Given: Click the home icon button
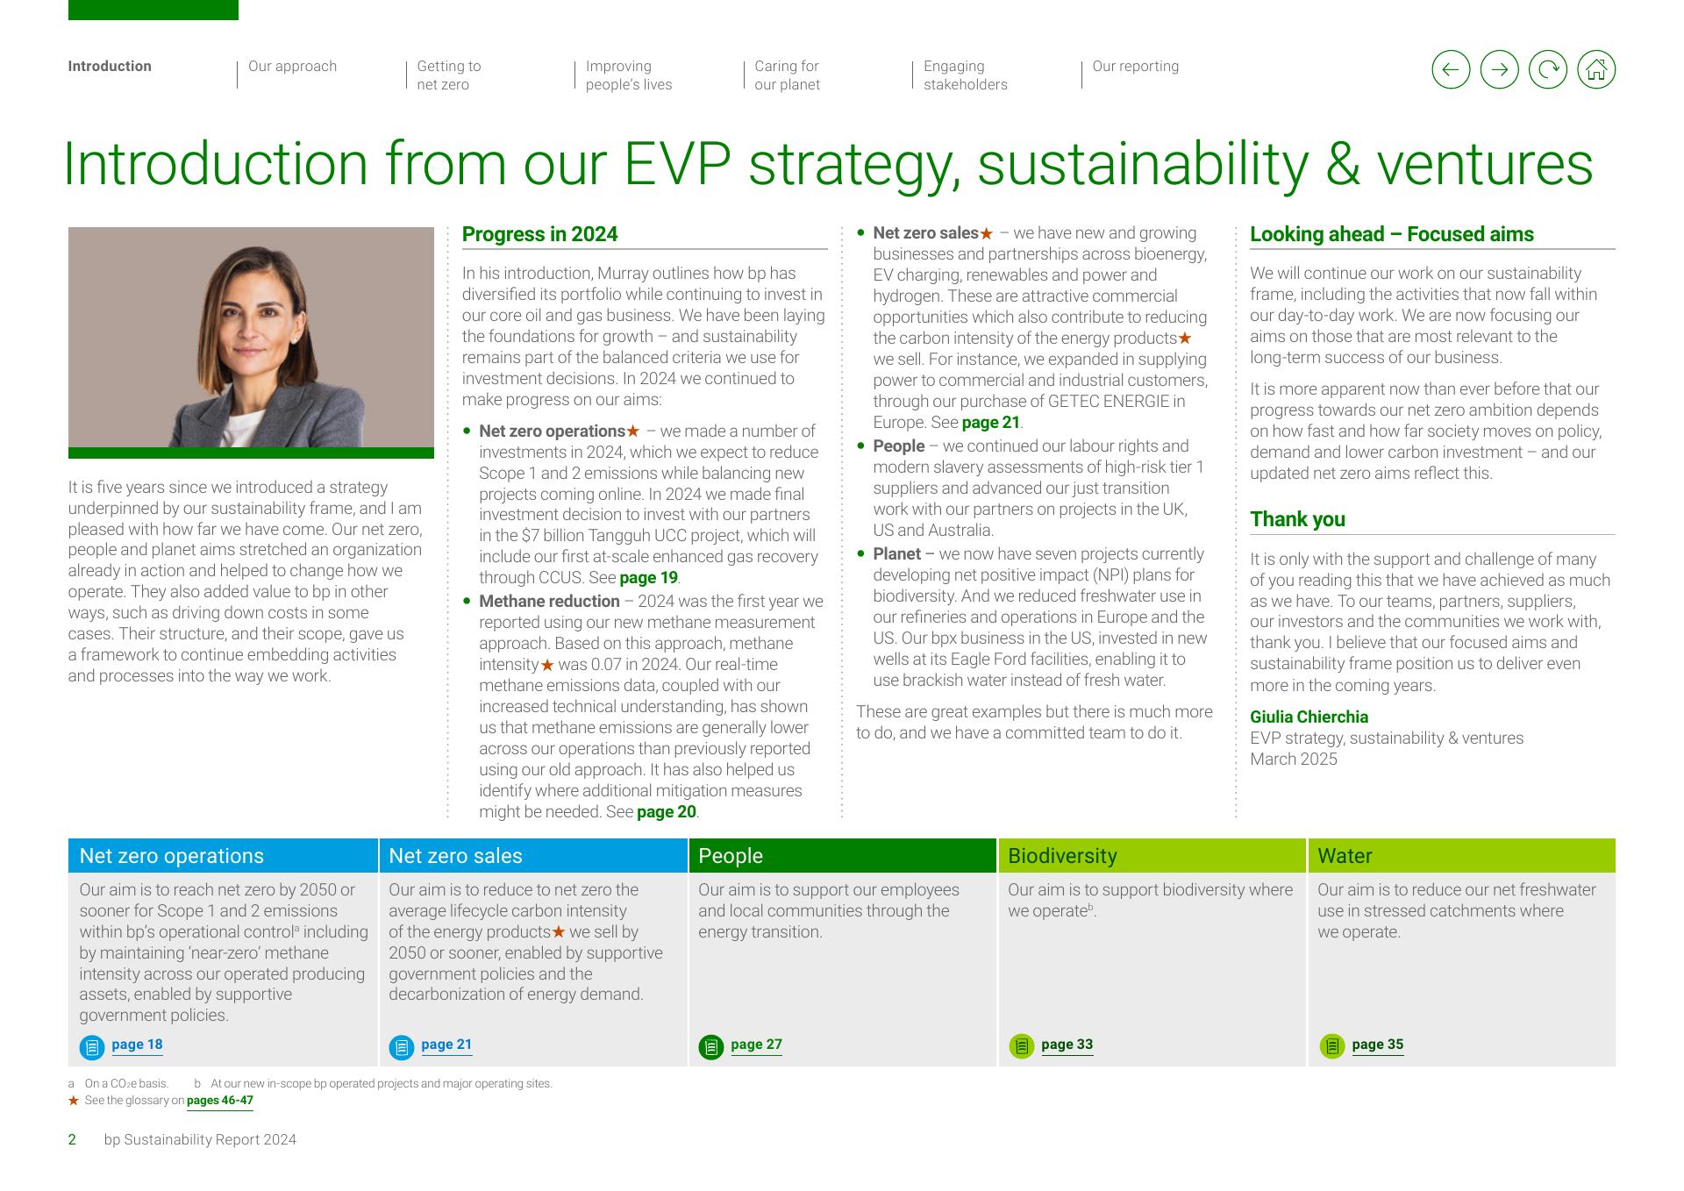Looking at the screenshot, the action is [1596, 69].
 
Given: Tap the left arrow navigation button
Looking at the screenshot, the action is [1451, 69].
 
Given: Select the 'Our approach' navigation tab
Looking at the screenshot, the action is [292, 67].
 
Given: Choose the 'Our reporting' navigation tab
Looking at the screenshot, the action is [1135, 67].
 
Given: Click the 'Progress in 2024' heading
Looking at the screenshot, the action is [539, 234].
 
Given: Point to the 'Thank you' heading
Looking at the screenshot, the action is [1297, 519].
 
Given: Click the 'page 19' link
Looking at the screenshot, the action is [648, 578].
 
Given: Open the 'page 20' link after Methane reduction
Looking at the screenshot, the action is [667, 812].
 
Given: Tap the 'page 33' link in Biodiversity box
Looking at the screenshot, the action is [1067, 1045].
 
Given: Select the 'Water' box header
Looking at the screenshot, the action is [1461, 856].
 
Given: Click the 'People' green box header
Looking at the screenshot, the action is [842, 856].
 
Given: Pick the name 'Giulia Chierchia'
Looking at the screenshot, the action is [1309, 717].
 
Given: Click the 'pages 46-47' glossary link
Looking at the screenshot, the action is [220, 1101].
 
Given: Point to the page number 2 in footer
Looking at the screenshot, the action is [72, 1140].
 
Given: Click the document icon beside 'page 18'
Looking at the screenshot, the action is [92, 1047].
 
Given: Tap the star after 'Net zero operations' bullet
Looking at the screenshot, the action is [633, 431].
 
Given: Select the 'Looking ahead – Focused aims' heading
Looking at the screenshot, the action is [1392, 234].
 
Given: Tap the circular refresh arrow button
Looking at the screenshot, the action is [1548, 69].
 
